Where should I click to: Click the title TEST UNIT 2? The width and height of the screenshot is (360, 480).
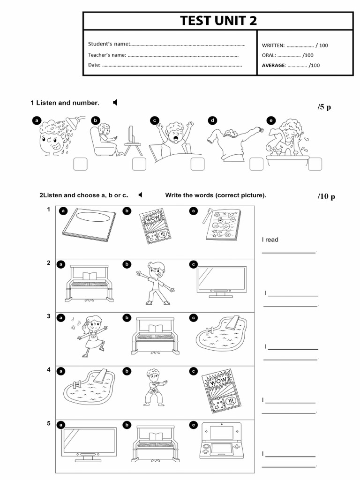[218, 21]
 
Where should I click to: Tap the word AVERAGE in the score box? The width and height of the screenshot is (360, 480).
[273, 66]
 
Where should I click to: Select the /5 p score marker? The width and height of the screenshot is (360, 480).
[324, 107]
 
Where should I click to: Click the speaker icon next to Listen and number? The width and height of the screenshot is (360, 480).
[115, 103]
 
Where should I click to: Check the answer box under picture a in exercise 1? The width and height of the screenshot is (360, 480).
[80, 165]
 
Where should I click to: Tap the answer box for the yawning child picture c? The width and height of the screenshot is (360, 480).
[197, 165]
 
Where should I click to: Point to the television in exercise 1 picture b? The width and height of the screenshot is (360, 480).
[131, 136]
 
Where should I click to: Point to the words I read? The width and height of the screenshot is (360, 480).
[270, 240]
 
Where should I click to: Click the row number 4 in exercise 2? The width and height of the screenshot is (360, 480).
[48, 370]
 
